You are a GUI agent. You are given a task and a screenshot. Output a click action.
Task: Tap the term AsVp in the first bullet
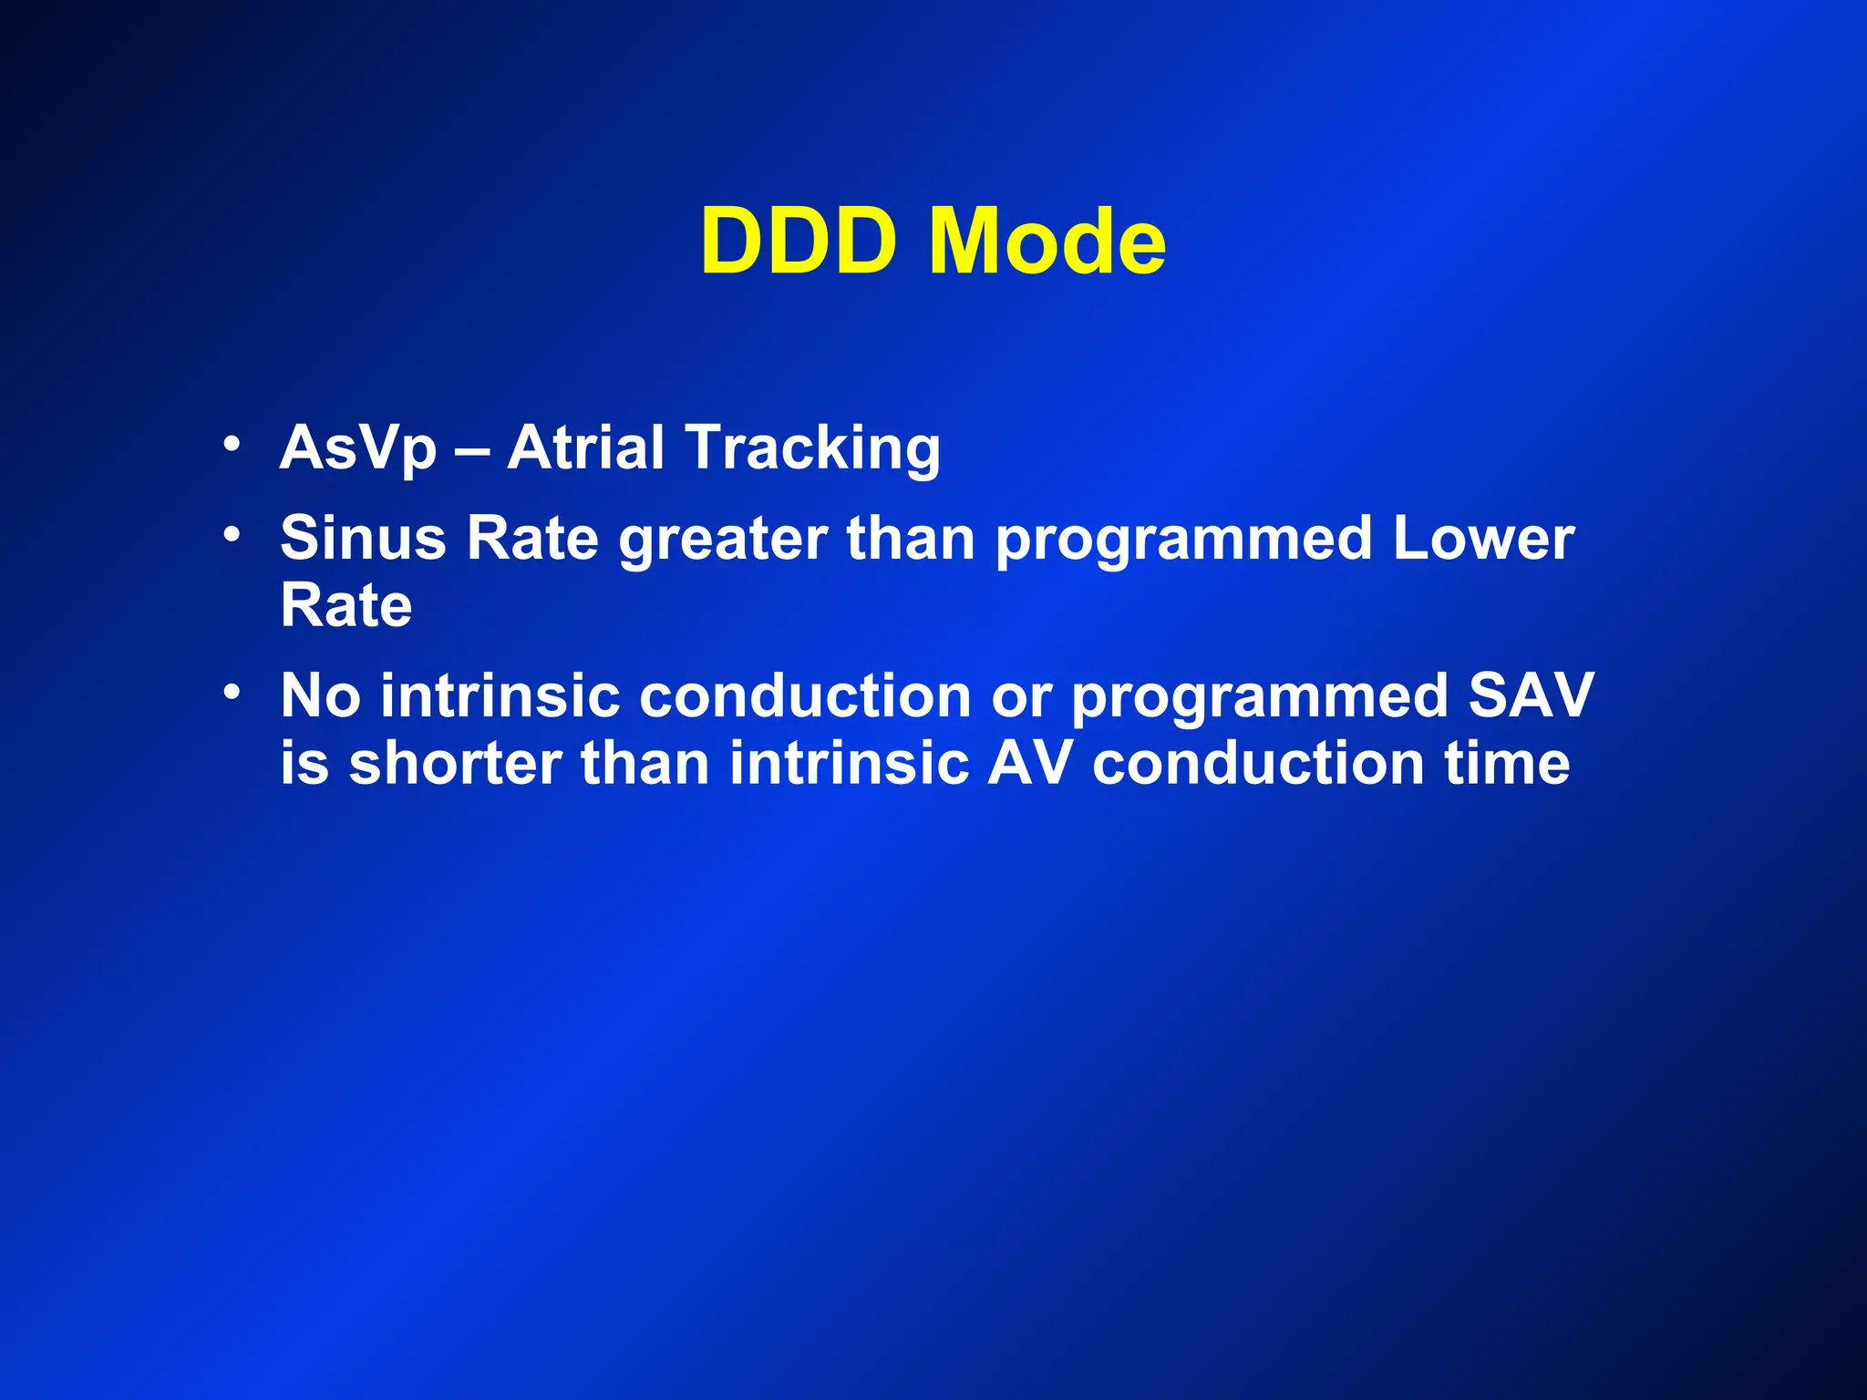(358, 448)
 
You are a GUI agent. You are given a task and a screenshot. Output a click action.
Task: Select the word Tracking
(813, 448)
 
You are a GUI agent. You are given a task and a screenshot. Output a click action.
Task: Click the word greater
(723, 540)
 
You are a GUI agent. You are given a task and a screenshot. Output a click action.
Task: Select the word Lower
(1483, 538)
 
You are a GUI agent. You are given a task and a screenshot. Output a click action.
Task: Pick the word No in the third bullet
(320, 695)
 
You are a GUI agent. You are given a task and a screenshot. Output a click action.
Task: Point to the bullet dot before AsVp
(232, 445)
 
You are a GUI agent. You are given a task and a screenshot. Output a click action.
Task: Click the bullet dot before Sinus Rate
(232, 534)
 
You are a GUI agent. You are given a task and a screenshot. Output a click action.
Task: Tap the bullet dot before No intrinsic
(232, 693)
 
